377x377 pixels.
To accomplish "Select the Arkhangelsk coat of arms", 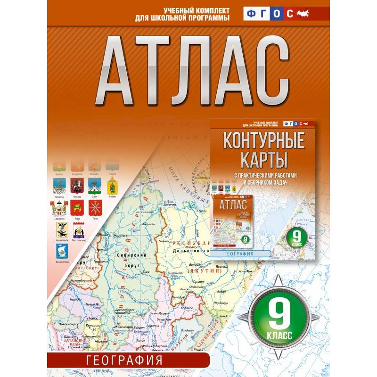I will click(63, 229).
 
